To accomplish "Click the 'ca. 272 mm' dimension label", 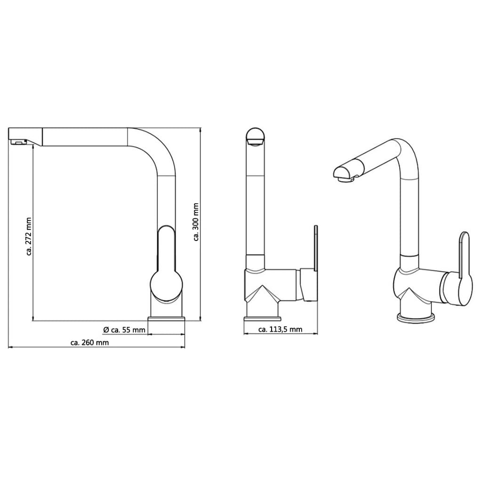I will point(29,236).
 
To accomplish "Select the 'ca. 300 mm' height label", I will point(196,222).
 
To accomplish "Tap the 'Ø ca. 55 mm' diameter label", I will point(124,330).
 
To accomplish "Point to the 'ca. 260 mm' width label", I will point(89,343).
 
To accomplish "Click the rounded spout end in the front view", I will point(255,137).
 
